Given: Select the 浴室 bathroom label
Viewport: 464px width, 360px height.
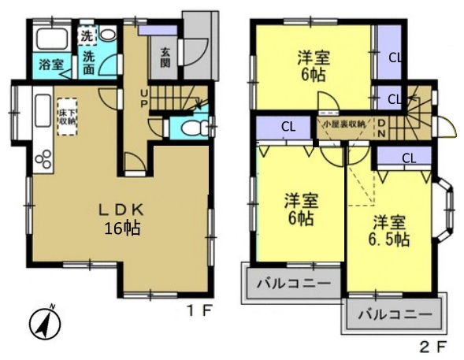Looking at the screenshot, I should point(46,66).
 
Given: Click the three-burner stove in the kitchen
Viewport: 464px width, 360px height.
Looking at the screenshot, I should point(42,158).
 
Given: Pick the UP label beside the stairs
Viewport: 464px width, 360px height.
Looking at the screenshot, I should point(143,98).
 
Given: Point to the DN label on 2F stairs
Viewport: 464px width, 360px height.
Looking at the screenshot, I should point(382,127).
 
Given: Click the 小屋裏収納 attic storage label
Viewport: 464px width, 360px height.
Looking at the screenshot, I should point(343,124).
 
